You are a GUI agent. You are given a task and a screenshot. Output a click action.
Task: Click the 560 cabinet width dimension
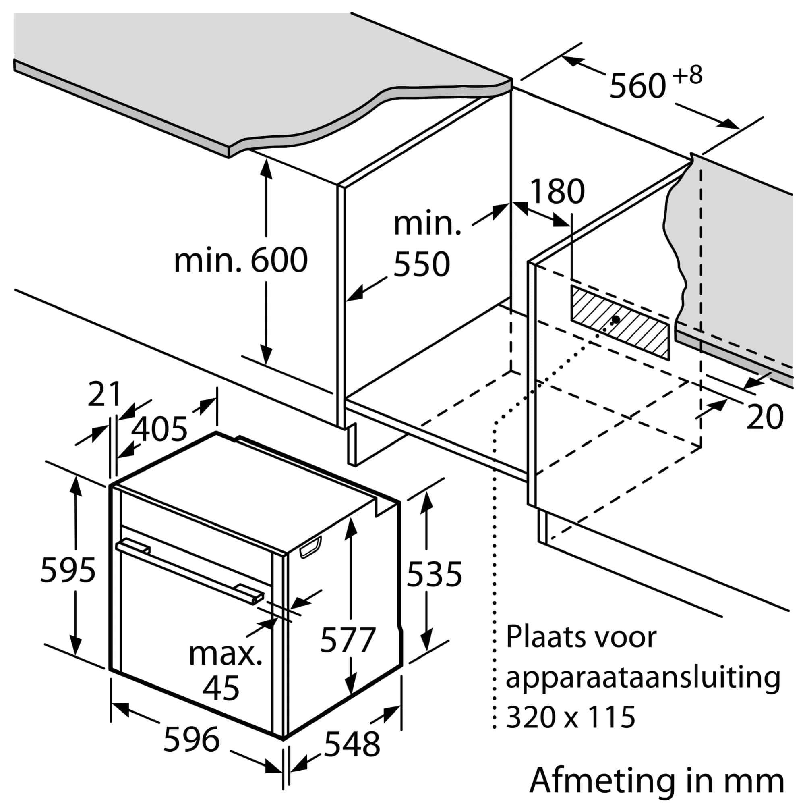pos(637,86)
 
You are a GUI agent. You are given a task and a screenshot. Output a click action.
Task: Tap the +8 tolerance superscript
pos(687,75)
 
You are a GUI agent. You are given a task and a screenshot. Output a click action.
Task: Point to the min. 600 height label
pos(240,261)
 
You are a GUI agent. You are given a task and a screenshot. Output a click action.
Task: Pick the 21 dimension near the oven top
pos(104,394)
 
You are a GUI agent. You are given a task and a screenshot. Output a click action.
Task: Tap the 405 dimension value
pos(159,429)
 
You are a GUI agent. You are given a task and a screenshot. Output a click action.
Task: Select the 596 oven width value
pos(191,740)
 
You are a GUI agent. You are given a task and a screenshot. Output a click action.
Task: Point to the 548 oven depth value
pos(352,744)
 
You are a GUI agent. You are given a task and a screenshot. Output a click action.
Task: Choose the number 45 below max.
pos(221,688)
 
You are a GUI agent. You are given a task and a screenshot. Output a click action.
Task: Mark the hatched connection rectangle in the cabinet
pos(619,322)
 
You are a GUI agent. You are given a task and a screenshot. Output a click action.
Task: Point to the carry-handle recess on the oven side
pos(310,547)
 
